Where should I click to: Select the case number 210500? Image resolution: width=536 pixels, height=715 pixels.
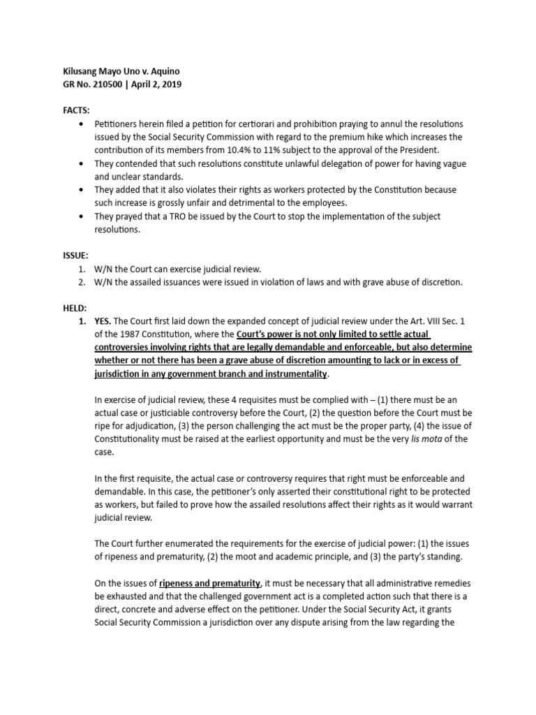(113, 84)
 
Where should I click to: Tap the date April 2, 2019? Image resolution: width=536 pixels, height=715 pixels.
(160, 84)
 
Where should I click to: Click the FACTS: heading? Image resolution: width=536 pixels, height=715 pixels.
(77, 110)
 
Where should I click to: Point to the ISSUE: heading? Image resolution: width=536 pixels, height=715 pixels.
(76, 256)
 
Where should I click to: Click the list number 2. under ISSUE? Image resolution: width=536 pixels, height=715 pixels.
(82, 282)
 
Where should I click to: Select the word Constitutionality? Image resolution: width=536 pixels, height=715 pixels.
(130, 439)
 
